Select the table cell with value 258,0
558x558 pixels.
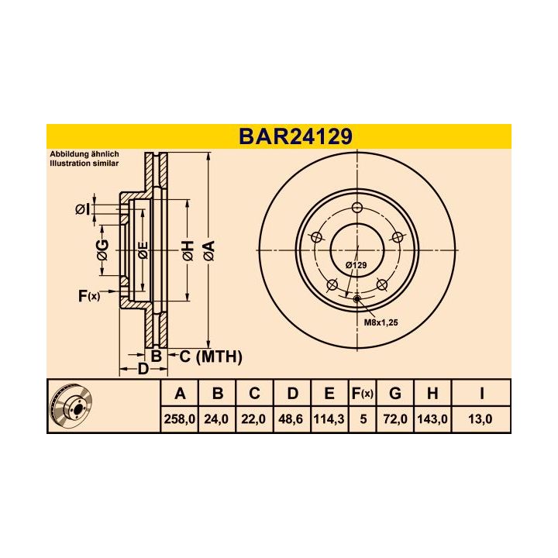tap(181, 418)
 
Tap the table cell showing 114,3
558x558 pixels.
tap(329, 418)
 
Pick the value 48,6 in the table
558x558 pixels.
tap(292, 418)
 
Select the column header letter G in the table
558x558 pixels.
tap(394, 394)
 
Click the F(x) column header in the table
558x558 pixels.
tap(362, 394)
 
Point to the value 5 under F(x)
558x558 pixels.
tap(362, 418)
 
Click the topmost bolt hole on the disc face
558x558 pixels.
tap(356, 208)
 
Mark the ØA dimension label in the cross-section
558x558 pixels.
tap(208, 250)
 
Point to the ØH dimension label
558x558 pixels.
tap(188, 250)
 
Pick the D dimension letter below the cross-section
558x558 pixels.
tap(143, 370)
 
